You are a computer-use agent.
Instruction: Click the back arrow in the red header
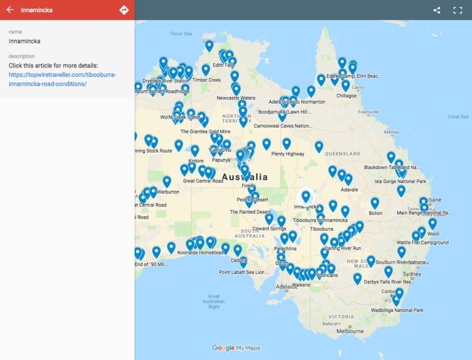click(x=10, y=10)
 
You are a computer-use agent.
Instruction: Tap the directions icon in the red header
click(x=124, y=10)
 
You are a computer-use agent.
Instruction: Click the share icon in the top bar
click(x=437, y=10)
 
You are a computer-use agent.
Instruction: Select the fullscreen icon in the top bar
click(x=457, y=10)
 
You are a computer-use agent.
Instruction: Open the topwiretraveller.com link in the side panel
click(x=62, y=79)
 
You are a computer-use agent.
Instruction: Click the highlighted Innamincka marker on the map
click(x=305, y=197)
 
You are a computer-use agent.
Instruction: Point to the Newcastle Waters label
click(x=236, y=98)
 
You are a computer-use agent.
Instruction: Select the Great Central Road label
click(x=203, y=181)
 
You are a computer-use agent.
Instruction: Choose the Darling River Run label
click(x=343, y=248)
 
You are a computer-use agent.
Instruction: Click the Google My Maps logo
click(x=236, y=348)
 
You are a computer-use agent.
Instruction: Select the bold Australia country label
click(x=245, y=177)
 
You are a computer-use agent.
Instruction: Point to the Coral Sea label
click(x=458, y=116)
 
